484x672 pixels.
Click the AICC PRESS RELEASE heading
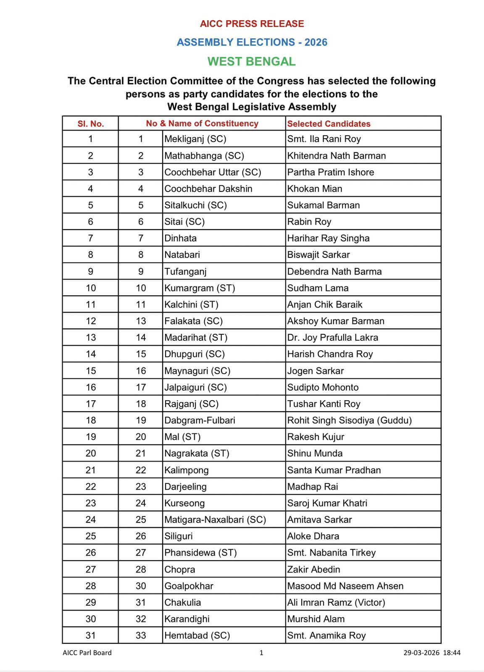click(x=252, y=24)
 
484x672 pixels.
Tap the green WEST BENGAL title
click(x=252, y=61)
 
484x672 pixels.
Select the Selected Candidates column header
click(x=329, y=123)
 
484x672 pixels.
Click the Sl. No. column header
click(x=90, y=123)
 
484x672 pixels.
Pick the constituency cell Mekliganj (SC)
click(x=195, y=139)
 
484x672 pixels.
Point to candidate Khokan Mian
click(x=314, y=189)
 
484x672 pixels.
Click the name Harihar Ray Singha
click(x=328, y=238)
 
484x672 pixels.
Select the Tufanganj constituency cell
click(x=185, y=271)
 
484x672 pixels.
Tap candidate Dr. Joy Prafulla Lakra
click(x=332, y=337)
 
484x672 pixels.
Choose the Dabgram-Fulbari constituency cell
click(x=200, y=420)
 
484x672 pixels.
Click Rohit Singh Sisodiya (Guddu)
click(x=349, y=420)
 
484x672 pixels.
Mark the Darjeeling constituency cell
click(x=185, y=486)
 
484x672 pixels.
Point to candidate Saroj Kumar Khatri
click(x=327, y=503)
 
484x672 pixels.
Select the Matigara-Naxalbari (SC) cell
click(x=215, y=520)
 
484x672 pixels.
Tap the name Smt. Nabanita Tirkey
click(x=331, y=552)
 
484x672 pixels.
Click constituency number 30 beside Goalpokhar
click(x=141, y=585)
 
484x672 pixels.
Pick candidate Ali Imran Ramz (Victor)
click(x=336, y=602)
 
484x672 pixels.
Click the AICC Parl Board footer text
click(x=87, y=653)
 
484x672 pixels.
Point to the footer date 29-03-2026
click(x=421, y=653)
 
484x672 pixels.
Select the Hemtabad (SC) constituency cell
click(x=197, y=635)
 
